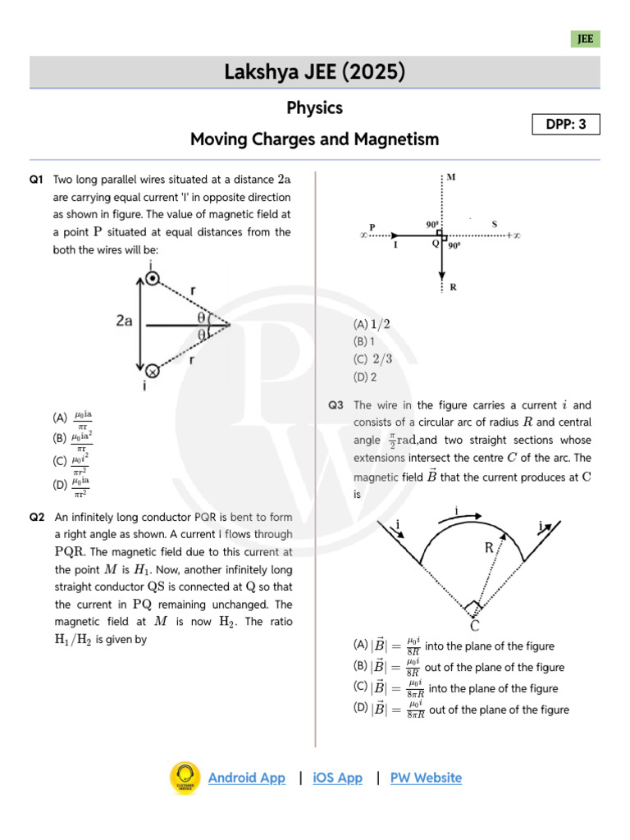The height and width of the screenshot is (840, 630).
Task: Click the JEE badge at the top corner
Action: (x=585, y=39)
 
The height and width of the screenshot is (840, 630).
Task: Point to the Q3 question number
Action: (x=336, y=405)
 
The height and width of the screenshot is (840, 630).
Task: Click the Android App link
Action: (x=247, y=778)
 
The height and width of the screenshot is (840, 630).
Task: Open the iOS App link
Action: (x=337, y=778)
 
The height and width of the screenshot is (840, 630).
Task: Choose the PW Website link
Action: (x=426, y=778)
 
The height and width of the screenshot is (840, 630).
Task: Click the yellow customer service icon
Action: (x=185, y=778)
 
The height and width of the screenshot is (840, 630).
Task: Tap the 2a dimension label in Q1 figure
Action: (x=125, y=322)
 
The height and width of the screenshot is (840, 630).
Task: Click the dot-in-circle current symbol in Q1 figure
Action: (x=152, y=279)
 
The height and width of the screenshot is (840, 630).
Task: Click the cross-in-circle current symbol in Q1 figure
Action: (x=152, y=371)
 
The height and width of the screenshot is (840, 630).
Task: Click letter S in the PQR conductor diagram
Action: (x=494, y=224)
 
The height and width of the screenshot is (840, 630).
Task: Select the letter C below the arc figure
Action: (x=474, y=625)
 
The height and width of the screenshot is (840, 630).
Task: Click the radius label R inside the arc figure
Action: (x=489, y=548)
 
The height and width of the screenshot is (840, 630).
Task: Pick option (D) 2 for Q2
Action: (x=365, y=377)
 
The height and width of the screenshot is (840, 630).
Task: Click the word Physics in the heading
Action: (x=315, y=107)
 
